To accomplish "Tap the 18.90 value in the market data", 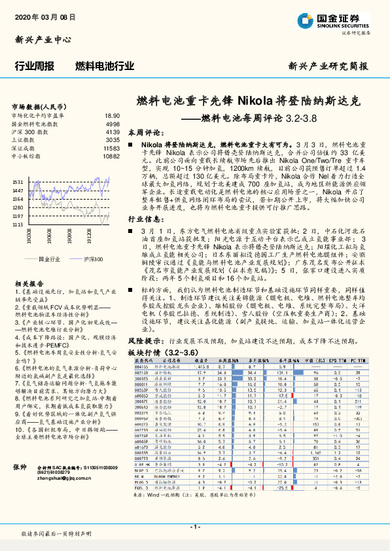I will tap(112, 115).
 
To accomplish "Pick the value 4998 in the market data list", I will tap(112, 123).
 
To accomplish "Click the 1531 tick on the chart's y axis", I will tap(18, 182).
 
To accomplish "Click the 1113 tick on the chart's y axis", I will tap(18, 224).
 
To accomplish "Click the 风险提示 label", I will tap(146, 341).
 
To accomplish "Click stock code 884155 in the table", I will tap(141, 367).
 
